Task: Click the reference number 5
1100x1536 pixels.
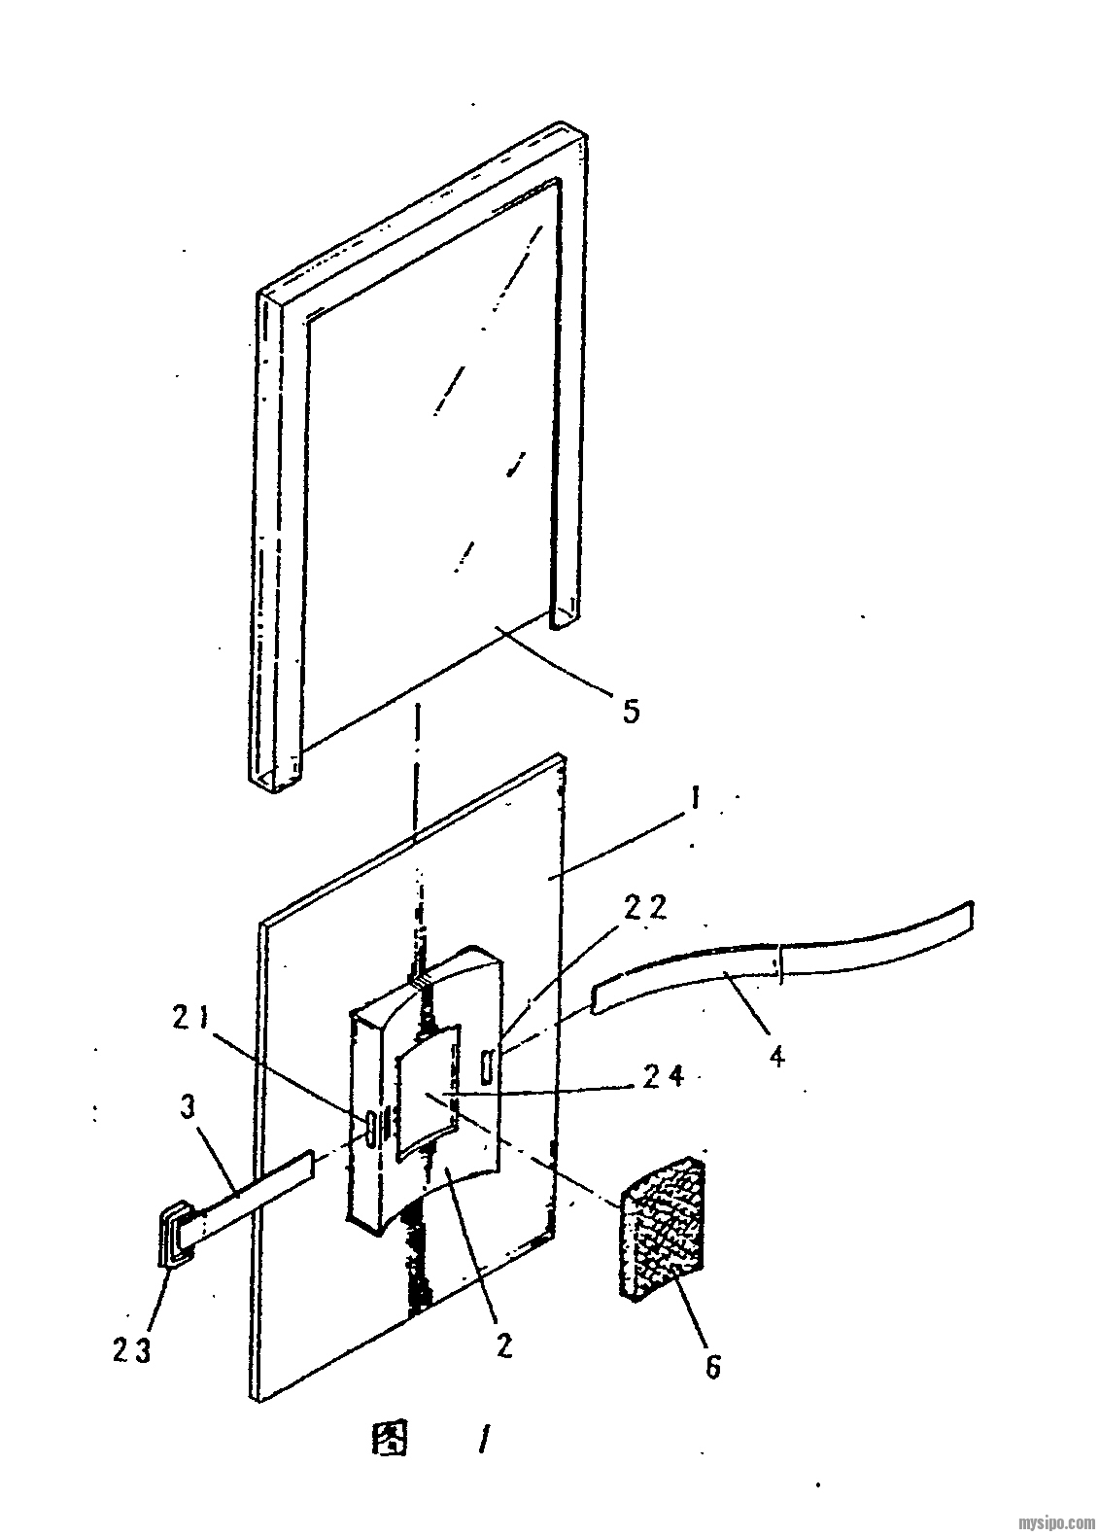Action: [x=631, y=710]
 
